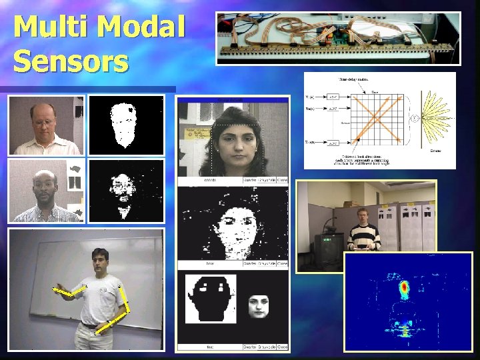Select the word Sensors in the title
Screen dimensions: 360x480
pyautogui.click(x=71, y=61)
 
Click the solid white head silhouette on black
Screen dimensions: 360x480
pyautogui.click(x=123, y=124)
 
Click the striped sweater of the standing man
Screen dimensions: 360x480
pyautogui.click(x=365, y=236)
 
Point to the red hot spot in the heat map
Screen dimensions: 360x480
pyautogui.click(x=403, y=288)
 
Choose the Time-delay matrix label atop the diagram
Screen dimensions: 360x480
pyautogui.click(x=354, y=79)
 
